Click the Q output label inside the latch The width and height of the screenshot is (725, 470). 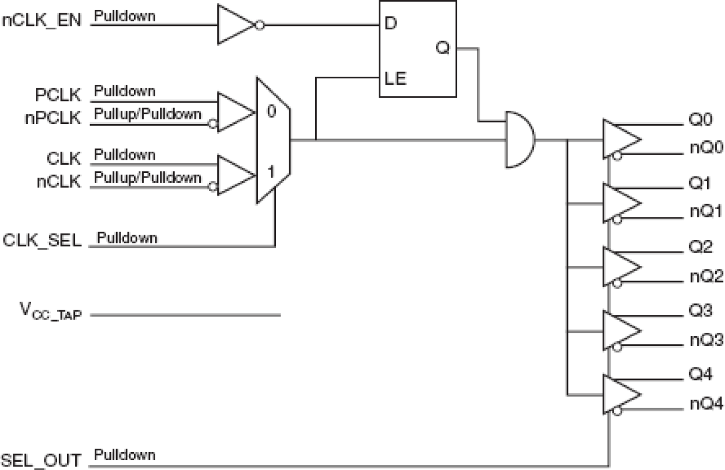443,49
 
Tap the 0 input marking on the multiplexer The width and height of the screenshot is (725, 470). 271,111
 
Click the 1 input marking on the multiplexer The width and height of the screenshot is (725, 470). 271,172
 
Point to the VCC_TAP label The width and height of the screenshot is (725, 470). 49,312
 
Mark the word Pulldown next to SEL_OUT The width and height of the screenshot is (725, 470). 125,455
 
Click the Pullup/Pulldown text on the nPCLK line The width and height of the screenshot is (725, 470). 148,114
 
